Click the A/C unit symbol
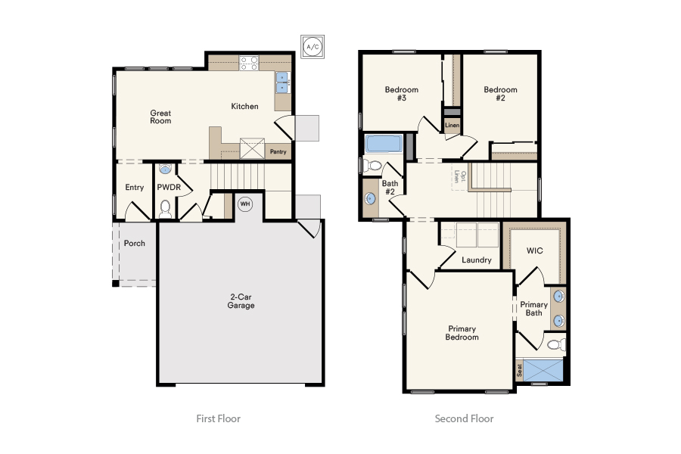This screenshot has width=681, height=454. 313,47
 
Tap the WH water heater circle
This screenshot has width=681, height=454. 245,204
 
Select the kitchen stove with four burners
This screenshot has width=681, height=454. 249,63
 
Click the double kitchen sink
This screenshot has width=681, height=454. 282,82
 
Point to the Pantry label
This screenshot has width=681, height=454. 278,151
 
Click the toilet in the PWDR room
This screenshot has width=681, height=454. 165,209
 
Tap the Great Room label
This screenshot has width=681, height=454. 160,117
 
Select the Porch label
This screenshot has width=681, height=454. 134,244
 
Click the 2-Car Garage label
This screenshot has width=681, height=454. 241,301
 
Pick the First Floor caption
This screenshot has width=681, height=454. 218,418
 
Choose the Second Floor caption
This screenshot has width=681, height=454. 464,418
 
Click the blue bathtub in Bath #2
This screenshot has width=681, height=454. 384,144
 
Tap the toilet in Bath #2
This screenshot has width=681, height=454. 372,166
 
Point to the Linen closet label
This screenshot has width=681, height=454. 452,125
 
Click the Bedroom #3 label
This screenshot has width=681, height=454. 401,94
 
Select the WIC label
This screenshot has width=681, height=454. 535,250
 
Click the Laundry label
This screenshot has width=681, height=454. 477,260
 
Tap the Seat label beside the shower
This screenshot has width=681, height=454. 519,370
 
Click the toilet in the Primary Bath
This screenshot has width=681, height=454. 556,345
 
